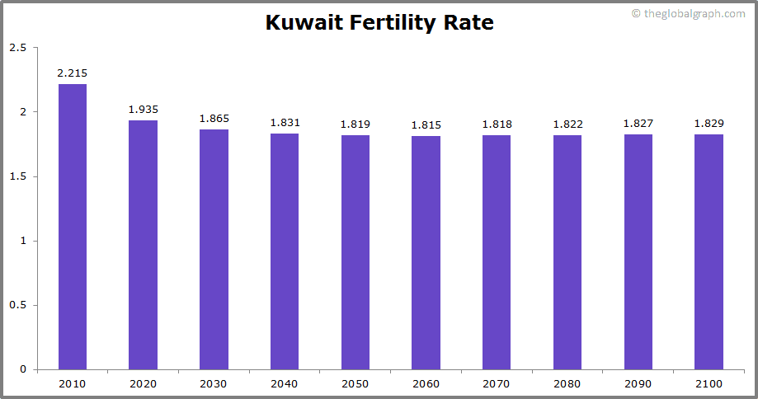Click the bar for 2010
pos(73,227)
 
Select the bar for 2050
pos(355,251)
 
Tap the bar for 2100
pos(709,251)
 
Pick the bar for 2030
pos(214,249)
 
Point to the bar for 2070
pos(497,251)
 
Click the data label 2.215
pos(73,73)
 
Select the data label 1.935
pos(143,109)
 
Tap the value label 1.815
pos(426,124)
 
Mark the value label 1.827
pos(638,124)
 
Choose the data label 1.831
pos(285,123)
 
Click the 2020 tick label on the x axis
pos(143,384)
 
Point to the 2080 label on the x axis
pos(567,384)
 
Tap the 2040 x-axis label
pos(285,384)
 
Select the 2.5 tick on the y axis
pos(17,48)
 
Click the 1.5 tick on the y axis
pos(17,176)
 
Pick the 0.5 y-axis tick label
pos(17,305)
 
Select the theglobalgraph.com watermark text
pos(694,14)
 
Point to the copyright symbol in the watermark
pos(636,14)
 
